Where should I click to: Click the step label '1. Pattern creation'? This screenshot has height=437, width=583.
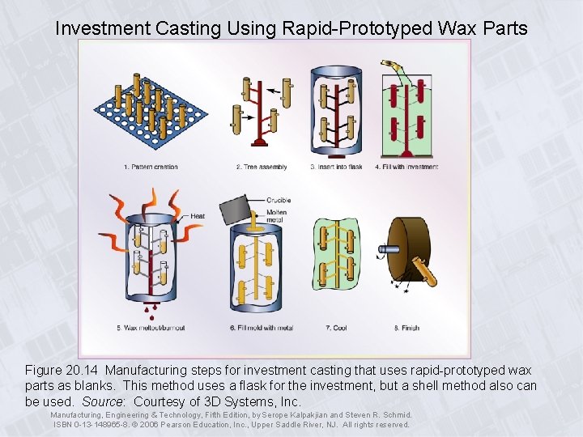(151, 167)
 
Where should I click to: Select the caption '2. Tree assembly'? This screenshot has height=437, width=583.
(262, 167)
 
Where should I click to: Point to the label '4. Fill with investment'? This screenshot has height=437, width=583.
(406, 167)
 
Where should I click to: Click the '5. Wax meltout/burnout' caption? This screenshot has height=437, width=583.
(151, 328)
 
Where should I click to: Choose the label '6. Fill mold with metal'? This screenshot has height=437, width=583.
(262, 328)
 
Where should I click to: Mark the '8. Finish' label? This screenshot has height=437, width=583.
(406, 328)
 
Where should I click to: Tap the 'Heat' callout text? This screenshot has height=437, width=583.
(198, 216)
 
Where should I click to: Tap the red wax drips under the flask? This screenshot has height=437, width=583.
(151, 308)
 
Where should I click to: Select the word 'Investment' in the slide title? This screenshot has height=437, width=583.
(100, 28)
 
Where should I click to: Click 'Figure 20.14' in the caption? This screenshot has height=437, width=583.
(63, 370)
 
